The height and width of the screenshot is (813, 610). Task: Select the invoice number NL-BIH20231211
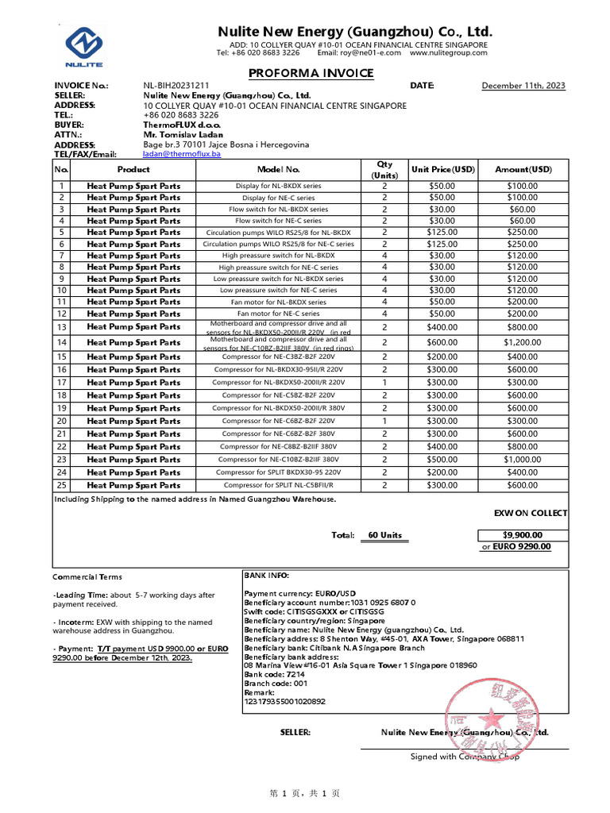[x=176, y=86]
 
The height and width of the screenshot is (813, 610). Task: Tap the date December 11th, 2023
[x=523, y=86]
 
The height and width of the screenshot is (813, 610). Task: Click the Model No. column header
[x=278, y=169]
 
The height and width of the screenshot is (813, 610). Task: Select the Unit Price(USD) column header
[x=442, y=169]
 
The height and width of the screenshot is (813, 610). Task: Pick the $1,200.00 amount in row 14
[x=522, y=342]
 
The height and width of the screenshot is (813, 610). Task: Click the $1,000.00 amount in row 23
[x=522, y=459]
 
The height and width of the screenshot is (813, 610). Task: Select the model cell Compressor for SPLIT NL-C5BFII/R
[x=278, y=485]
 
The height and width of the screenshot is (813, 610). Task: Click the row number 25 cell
[x=61, y=485]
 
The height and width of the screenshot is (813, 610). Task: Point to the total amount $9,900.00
[x=522, y=535]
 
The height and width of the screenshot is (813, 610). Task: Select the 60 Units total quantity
[x=384, y=535]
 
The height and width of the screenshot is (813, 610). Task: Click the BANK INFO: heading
[x=267, y=575]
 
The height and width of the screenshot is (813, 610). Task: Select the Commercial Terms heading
[x=87, y=577]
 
